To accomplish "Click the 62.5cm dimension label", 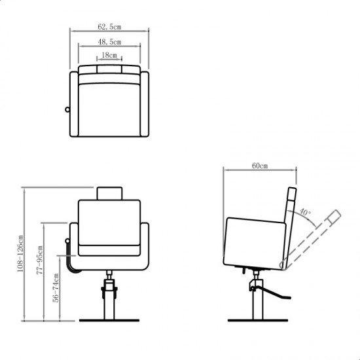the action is click(109, 27).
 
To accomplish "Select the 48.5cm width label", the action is click(109, 42).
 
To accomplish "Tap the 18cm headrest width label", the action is click(109, 55).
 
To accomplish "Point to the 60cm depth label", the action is click(260, 166).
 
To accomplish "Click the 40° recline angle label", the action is click(305, 212).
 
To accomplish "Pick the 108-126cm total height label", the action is click(20, 253).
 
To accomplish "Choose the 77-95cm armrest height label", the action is click(40, 260).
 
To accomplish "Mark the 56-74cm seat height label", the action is click(56, 288).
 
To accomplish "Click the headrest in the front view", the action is click(109, 194).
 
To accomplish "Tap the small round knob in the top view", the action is click(67, 109).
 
